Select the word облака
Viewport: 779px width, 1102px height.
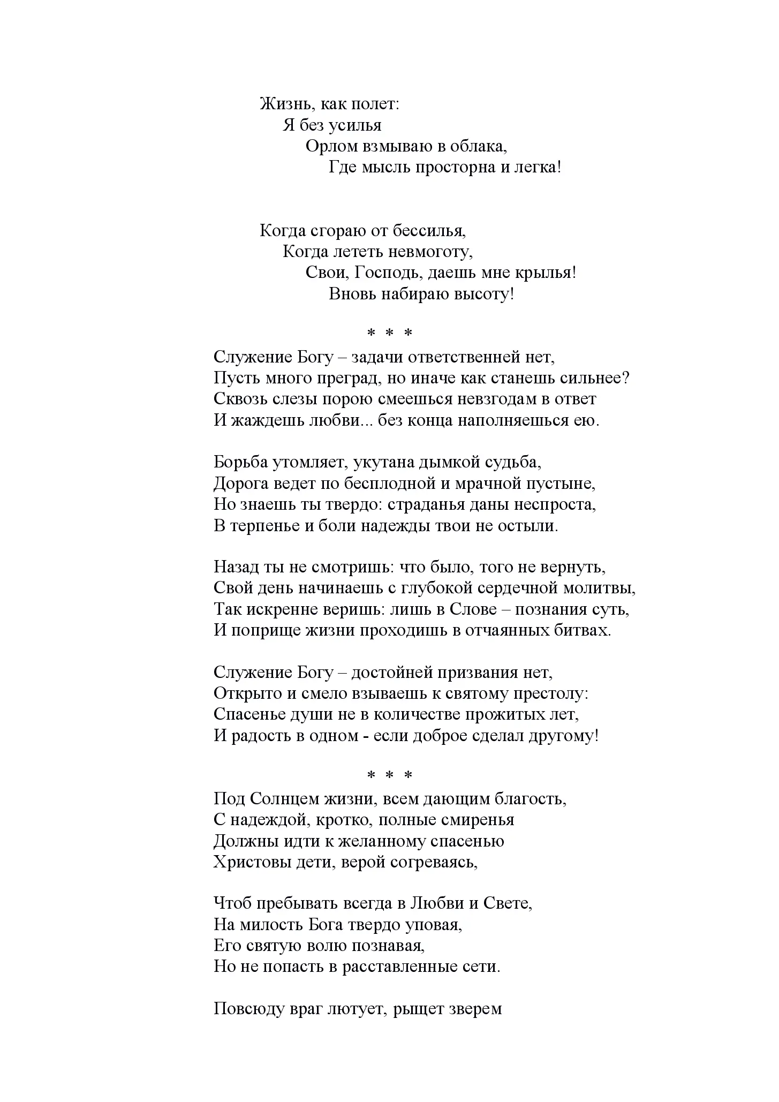478,146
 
